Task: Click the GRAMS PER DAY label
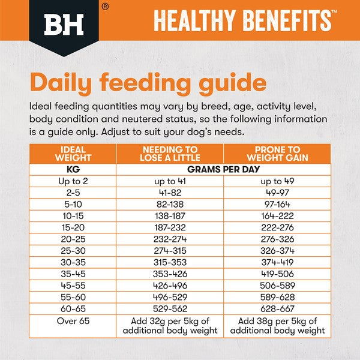223,169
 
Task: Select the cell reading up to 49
277,181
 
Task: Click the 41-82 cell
169,193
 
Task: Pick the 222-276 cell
277,227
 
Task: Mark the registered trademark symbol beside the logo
105,7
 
